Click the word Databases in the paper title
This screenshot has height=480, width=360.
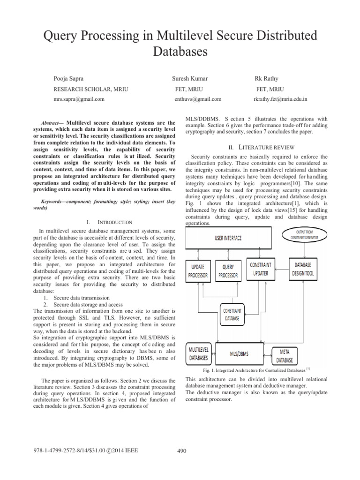coord(180,51)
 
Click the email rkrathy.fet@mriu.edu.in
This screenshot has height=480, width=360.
coord(280,99)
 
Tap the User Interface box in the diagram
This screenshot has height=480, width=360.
coord(228,238)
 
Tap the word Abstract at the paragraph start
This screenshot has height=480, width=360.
coord(52,122)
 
